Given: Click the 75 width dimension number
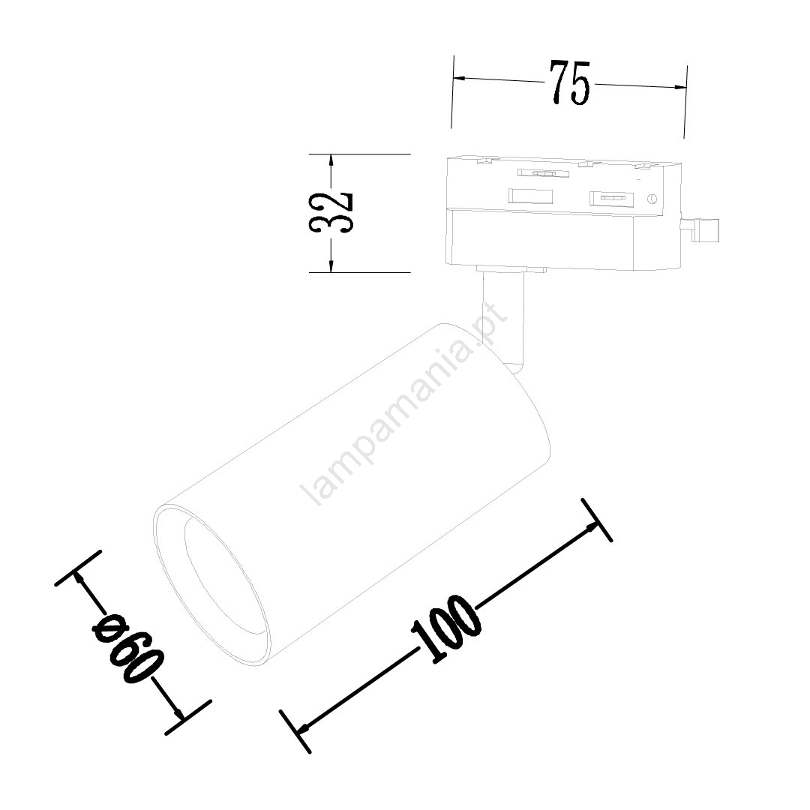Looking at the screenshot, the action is [569, 83].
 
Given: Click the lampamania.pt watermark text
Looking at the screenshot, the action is [403, 405].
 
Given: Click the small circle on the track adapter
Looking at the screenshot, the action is [652, 198].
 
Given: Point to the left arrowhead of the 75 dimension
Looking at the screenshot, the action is [461, 79].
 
